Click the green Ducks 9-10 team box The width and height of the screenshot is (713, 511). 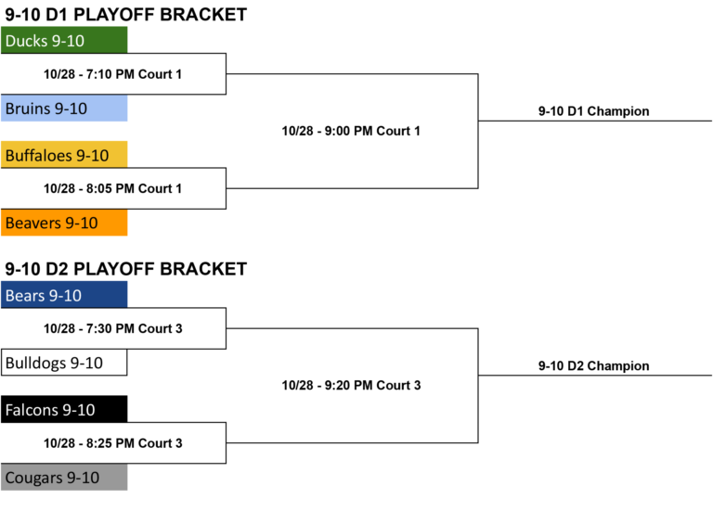click(64, 40)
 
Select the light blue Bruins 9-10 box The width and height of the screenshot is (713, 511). click(64, 109)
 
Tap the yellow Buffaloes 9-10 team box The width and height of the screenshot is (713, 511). click(64, 155)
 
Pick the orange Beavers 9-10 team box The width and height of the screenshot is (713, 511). click(64, 223)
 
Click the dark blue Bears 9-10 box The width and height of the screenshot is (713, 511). click(64, 294)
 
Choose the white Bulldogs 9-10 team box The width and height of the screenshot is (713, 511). click(64, 363)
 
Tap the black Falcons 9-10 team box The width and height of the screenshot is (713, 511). click(64, 409)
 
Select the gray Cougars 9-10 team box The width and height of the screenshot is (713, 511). click(64, 477)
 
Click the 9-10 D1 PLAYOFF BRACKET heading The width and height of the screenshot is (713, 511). click(126, 15)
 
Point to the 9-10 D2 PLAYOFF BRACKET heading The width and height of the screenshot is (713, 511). click(126, 269)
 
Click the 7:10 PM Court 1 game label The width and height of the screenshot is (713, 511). click(112, 74)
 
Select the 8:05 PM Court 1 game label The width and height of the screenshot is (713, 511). click(112, 188)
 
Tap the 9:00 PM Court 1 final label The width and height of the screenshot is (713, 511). click(351, 131)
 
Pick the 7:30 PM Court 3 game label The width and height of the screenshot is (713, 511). click(112, 328)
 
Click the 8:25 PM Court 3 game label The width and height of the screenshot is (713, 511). click(112, 443)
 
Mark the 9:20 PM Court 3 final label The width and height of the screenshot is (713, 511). click(351, 385)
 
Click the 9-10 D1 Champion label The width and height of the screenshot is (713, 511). click(594, 111)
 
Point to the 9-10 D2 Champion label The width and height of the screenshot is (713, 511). click(594, 365)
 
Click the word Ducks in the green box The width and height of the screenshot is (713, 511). click(26, 41)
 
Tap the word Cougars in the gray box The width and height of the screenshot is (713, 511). click(33, 478)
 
